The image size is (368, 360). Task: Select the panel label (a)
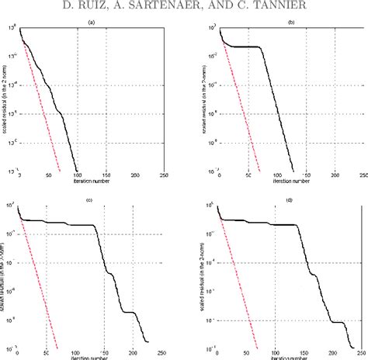click(x=92, y=22)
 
